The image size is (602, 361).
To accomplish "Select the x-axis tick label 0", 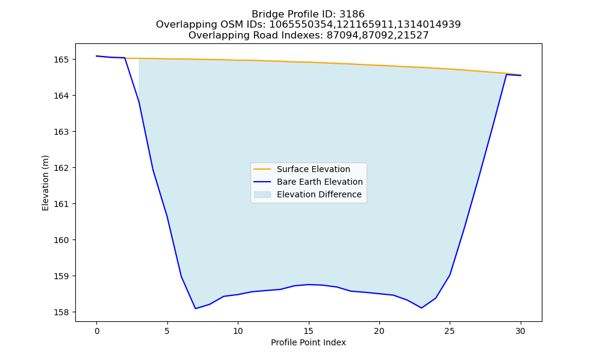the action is coord(97,331).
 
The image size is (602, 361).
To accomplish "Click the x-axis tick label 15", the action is coord(308,331).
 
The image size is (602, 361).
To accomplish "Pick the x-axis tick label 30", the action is coord(520,331).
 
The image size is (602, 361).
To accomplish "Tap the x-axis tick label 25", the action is coord(450,331).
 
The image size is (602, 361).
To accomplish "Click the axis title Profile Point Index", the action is coord(308,342).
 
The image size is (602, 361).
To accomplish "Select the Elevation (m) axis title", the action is coord(45,183).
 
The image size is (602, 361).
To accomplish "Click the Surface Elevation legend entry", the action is coord(313,169).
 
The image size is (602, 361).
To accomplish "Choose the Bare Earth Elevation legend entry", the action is coord(320,182).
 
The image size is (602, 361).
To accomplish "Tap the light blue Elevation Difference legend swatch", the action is coord(262,194).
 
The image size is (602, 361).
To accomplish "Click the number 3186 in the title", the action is coord(352,14).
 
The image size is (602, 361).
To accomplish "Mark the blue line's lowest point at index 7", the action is coord(196,309).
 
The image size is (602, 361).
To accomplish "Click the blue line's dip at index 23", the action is coord(421,307).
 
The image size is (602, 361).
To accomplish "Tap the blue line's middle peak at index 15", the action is coord(308,284).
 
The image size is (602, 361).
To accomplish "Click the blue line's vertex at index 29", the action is coord(506,75).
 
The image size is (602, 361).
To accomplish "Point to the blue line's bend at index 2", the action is coord(125,58).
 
